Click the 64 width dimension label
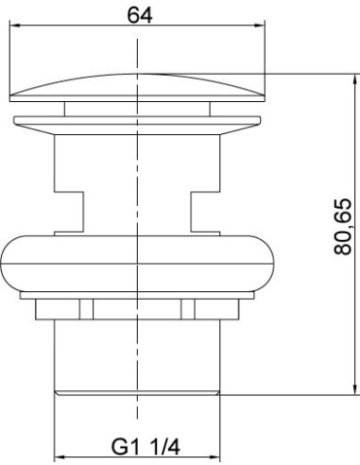tap(140, 15)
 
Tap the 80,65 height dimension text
tap(343, 227)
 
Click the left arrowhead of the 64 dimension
tap(15, 26)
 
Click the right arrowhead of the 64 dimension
tap(259, 26)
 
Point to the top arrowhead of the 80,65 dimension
tap(355, 79)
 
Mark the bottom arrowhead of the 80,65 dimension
tap(355, 388)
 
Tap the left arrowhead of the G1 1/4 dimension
tap(60, 456)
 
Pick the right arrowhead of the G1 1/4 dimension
tap(214, 456)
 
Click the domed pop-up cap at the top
tap(137, 88)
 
